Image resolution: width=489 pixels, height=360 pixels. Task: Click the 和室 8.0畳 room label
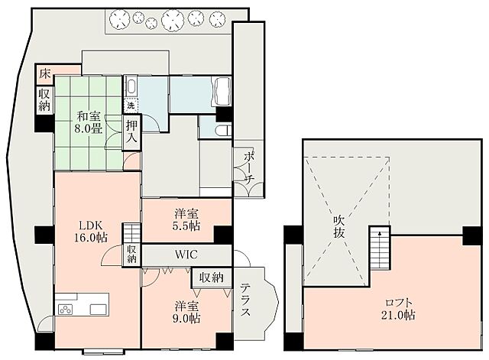click(x=89, y=123)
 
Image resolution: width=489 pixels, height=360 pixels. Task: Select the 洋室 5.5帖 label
click(x=186, y=220)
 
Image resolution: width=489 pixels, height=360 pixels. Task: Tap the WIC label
click(x=186, y=255)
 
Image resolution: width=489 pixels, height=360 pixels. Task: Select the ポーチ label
click(x=248, y=165)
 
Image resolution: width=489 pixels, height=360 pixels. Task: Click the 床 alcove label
click(x=44, y=74)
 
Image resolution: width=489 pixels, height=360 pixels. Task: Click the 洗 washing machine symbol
click(x=131, y=105)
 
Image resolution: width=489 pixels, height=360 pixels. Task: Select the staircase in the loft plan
click(x=380, y=249)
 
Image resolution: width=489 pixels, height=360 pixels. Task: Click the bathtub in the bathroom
click(x=224, y=92)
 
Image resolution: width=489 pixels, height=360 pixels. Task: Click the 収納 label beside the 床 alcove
click(x=44, y=99)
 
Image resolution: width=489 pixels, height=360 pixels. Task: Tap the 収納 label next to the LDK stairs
click(x=131, y=254)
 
